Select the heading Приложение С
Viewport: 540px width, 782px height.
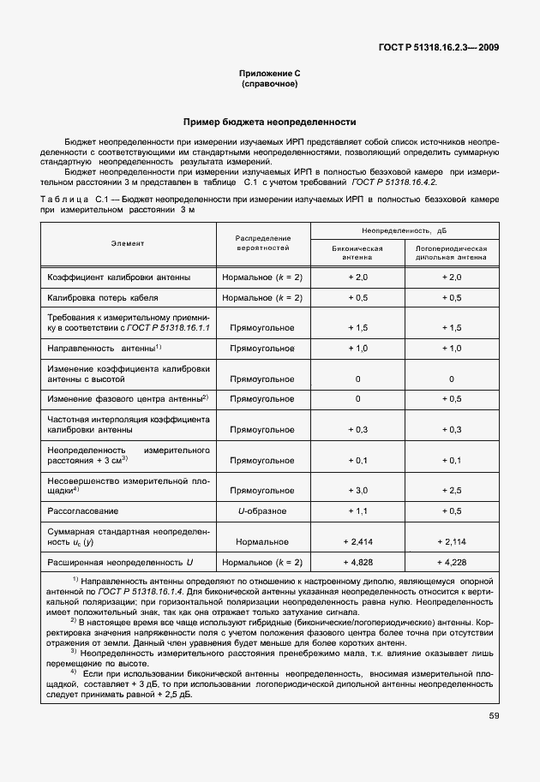pyautogui.click(x=269, y=75)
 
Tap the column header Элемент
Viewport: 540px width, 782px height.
pyautogui.click(x=127, y=243)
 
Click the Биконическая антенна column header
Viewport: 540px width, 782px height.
pyautogui.click(x=357, y=251)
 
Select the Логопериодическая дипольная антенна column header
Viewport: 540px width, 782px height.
pyautogui.click(x=451, y=251)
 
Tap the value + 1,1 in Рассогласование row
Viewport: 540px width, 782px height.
pyautogui.click(x=357, y=511)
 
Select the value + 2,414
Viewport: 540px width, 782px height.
pyautogui.click(x=357, y=541)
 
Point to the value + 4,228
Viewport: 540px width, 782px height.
pyautogui.click(x=451, y=563)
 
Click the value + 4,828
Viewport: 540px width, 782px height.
pyautogui.click(x=357, y=563)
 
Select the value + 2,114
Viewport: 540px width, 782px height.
pyautogui.click(x=451, y=541)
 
